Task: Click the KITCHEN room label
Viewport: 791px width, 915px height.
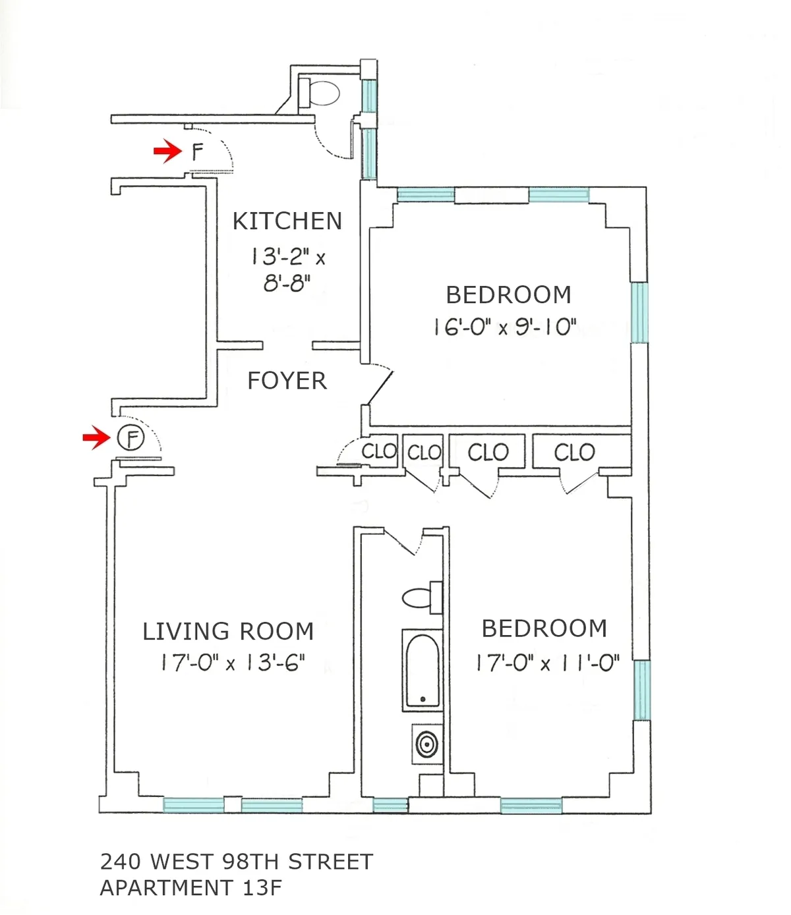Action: pos(287,221)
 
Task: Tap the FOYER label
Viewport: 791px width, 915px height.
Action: pos(287,381)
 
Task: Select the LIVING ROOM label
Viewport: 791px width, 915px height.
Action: pos(228,631)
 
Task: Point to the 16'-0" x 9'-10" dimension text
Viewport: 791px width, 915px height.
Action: pos(505,327)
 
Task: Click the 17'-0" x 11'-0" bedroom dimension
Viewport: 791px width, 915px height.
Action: pos(548,662)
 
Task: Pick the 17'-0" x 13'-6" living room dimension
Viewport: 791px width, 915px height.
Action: pos(233,663)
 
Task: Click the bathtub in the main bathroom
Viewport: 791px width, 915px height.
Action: pos(422,670)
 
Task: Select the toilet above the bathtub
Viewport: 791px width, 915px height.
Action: pos(421,597)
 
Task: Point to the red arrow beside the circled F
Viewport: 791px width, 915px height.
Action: pos(96,437)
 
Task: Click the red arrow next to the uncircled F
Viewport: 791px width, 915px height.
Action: pos(167,152)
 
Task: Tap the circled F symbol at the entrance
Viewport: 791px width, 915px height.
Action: pos(131,437)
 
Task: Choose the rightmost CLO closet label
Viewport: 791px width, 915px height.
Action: pos(574,453)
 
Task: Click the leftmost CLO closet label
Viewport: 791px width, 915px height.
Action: pos(379,452)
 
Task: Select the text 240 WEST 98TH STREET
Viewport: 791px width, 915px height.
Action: pos(237,862)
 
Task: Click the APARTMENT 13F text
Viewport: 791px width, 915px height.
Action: pos(191,888)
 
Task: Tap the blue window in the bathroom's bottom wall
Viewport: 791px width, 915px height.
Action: pos(390,805)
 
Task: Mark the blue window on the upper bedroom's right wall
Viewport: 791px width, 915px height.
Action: pos(639,313)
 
